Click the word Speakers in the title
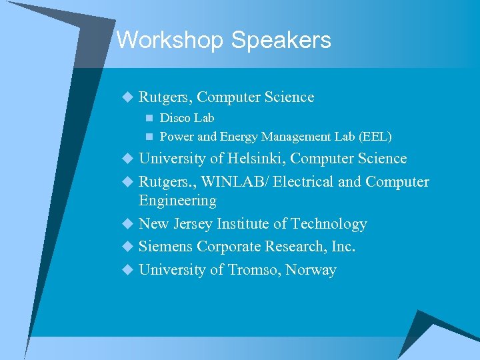(281, 41)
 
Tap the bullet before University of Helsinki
(128, 159)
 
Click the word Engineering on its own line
(177, 201)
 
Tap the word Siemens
(166, 247)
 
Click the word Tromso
(253, 270)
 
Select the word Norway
(311, 270)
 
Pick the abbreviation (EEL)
(375, 137)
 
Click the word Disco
(175, 118)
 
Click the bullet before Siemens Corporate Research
(128, 247)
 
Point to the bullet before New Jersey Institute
(128, 224)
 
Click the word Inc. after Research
(343, 247)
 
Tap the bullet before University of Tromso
(128, 270)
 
